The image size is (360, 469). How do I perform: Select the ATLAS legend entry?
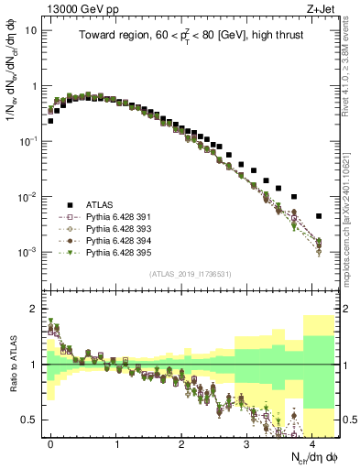point(102,204)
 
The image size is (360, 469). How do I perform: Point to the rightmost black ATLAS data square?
point(319,216)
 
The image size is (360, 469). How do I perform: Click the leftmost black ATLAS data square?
point(50,120)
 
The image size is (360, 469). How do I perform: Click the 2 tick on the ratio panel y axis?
point(38,307)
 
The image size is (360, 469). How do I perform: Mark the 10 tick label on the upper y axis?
point(32,29)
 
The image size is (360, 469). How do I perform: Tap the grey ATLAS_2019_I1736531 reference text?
point(191,274)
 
